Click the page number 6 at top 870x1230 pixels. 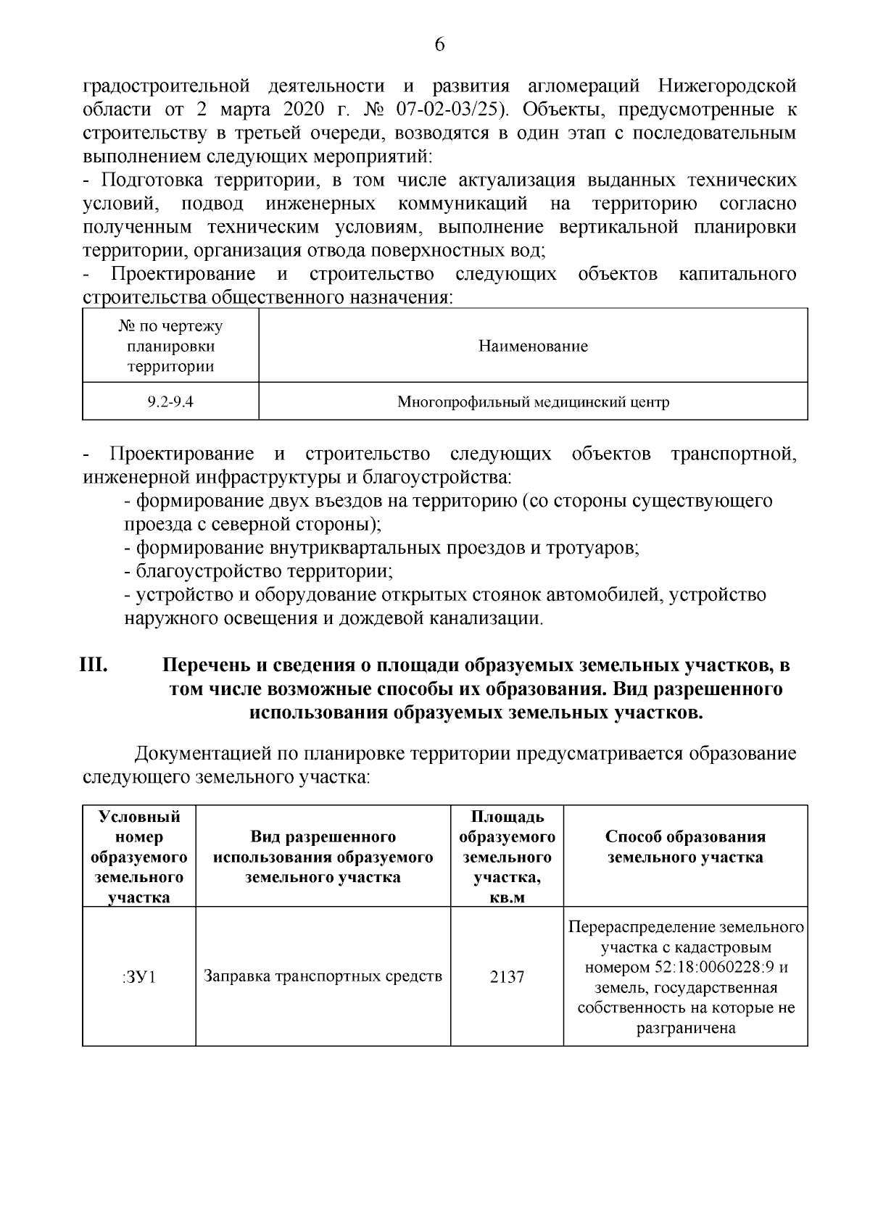(439, 45)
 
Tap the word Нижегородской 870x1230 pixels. (727, 86)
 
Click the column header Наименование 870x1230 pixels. (533, 346)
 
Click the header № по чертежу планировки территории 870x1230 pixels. (170, 346)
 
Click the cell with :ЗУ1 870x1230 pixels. (139, 977)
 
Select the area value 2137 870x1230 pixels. (507, 977)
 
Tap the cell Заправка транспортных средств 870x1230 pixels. (323, 976)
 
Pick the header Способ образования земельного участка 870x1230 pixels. (685, 847)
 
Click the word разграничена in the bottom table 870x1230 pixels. (685, 1028)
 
